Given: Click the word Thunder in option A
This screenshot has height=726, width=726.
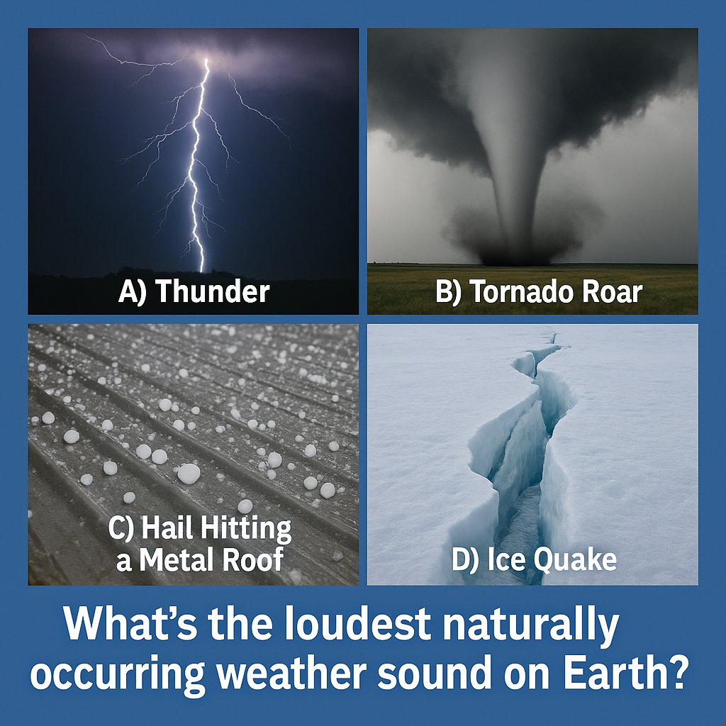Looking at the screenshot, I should click(x=212, y=292).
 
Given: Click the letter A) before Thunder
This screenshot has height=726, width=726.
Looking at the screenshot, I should click(x=133, y=292).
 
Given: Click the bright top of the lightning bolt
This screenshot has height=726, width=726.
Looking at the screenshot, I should click(x=207, y=62).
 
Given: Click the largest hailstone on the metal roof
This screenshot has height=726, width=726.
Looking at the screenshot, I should click(x=189, y=473).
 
